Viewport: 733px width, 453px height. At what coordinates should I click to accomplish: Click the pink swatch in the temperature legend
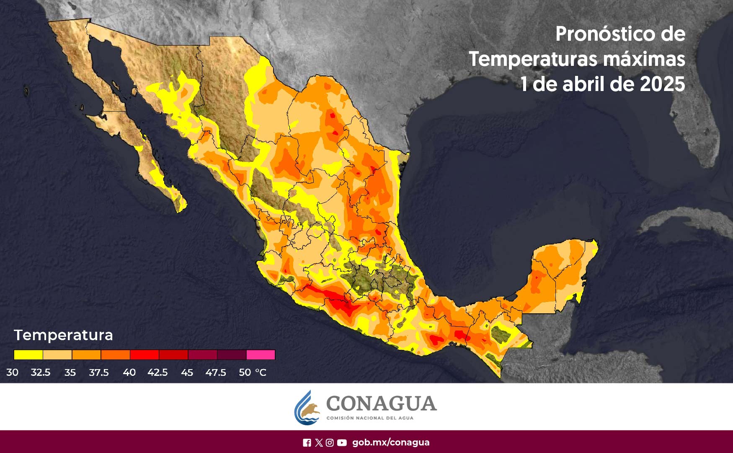[261, 355]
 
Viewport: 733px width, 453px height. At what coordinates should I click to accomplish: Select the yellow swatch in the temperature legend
[28, 355]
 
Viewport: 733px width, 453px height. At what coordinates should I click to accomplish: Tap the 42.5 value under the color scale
[157, 372]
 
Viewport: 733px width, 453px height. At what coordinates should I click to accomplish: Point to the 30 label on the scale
[12, 372]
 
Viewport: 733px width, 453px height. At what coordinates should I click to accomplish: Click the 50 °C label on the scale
[252, 372]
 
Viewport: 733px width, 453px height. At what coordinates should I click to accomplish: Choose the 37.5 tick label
[99, 372]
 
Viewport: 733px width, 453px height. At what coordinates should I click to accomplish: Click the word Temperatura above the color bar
[63, 335]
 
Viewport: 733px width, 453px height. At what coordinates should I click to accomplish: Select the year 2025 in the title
[662, 84]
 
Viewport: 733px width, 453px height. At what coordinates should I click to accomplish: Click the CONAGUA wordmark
[381, 404]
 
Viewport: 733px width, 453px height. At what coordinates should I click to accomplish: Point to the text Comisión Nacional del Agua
[369, 418]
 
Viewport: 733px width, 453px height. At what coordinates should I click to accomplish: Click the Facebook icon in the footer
[307, 443]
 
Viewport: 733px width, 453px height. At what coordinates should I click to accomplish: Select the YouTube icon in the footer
[342, 443]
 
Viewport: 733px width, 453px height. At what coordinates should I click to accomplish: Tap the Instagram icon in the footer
[330, 443]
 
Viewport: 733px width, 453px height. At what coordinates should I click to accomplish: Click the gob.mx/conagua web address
[391, 443]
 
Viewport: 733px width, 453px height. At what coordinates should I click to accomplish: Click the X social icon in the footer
[319, 443]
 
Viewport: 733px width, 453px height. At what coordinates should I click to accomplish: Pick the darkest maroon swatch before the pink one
[232, 355]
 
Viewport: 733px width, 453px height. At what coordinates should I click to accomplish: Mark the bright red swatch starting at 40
[144, 355]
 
